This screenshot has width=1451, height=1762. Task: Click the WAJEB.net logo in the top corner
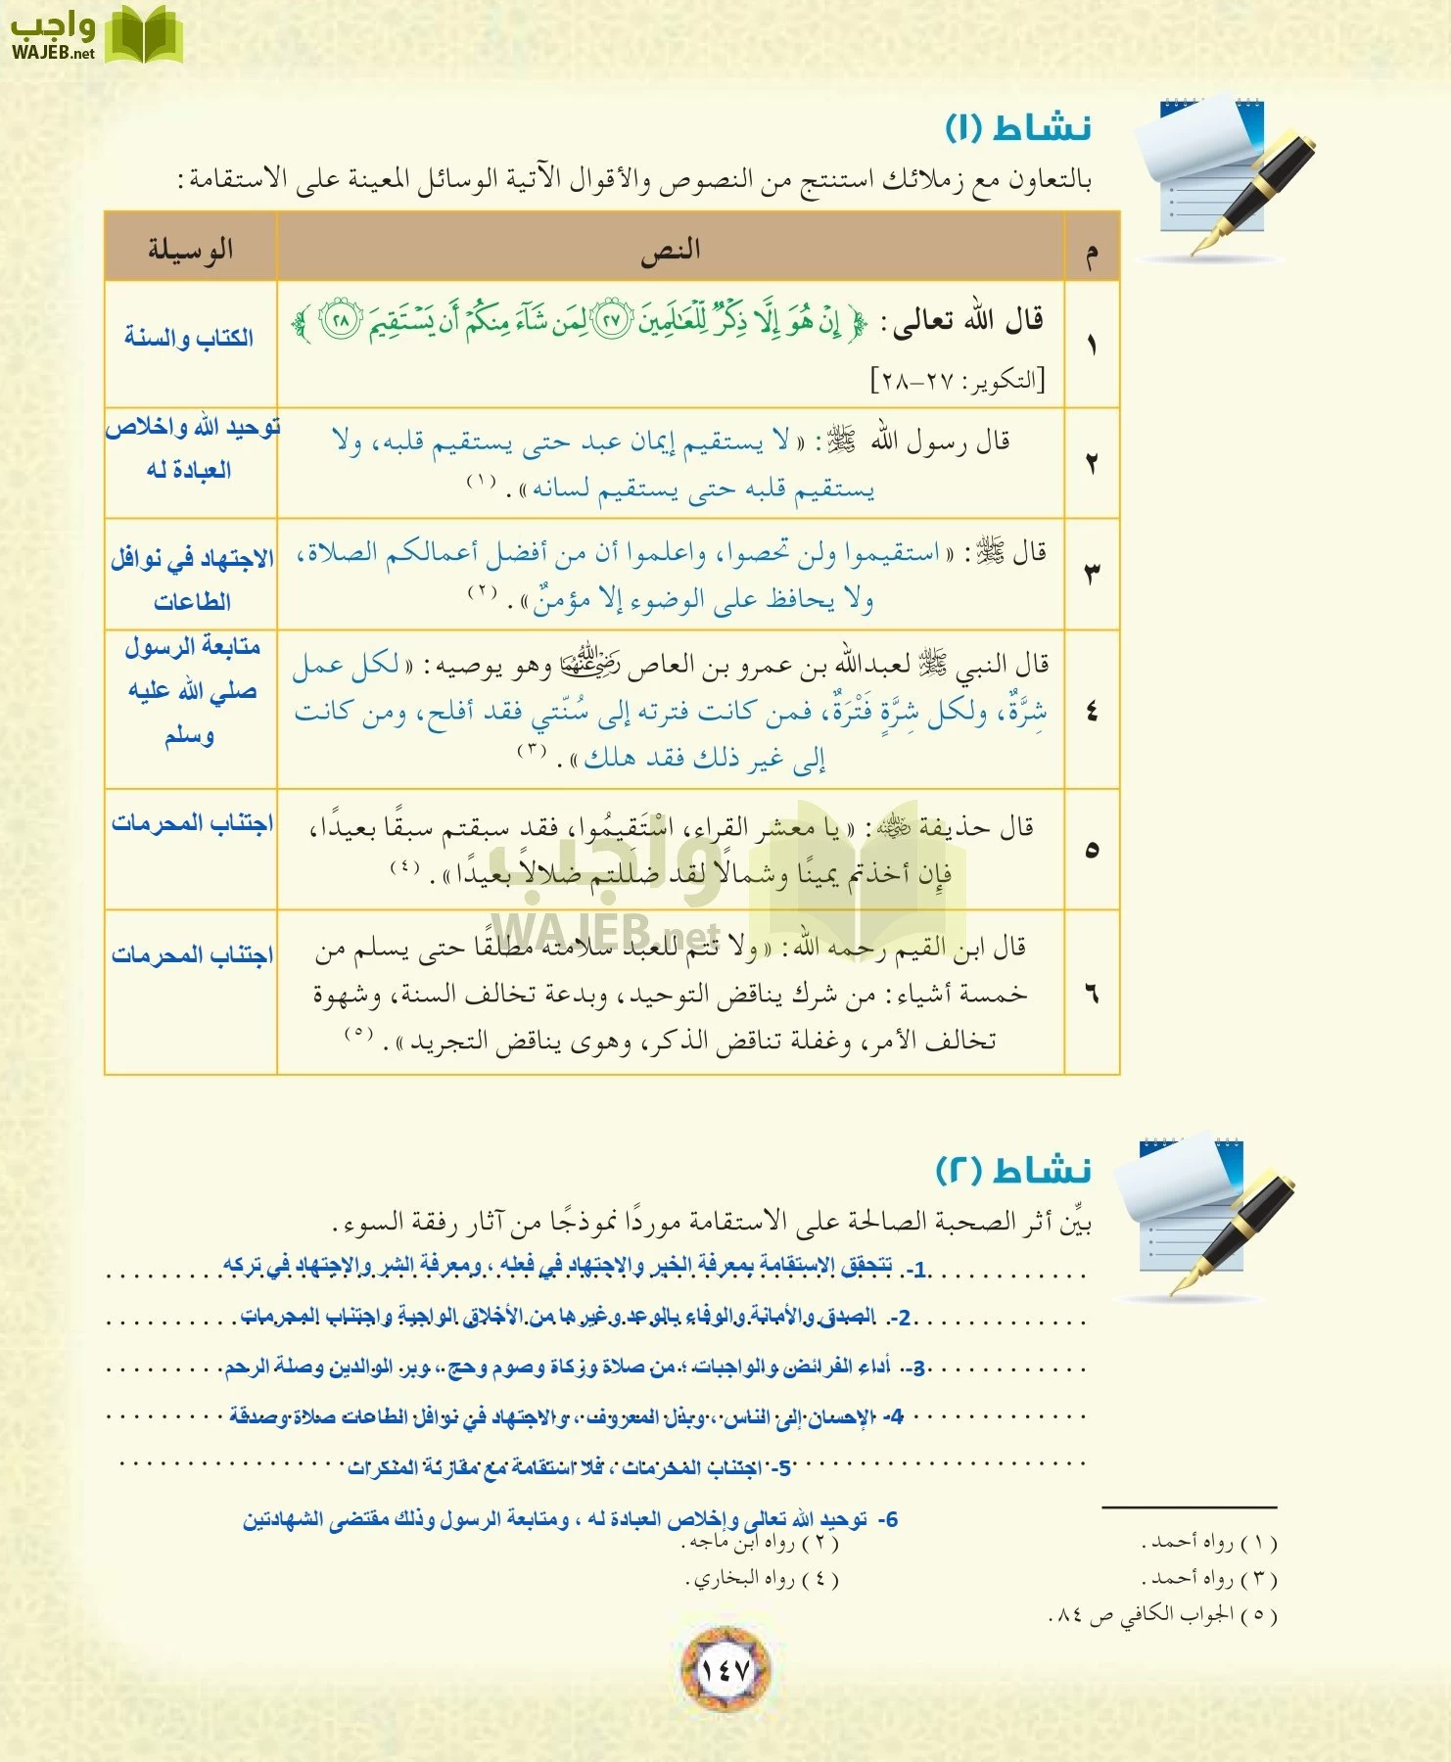pos(96,35)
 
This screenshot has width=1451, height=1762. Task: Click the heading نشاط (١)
pos(1017,128)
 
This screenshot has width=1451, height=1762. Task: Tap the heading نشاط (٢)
pos(1013,1170)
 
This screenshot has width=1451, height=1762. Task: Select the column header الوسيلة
pos(191,249)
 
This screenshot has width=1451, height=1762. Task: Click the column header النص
pos(671,250)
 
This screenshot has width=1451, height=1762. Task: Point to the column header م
pos(1091,252)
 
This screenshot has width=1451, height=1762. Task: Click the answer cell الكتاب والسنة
pos(189,339)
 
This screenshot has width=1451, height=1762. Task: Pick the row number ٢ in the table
pos(1091,463)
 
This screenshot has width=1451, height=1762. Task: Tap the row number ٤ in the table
pos(1091,711)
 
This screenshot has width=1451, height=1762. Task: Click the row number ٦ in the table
pos(1091,994)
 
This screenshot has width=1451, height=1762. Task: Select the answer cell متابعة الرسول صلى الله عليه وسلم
pos(191,690)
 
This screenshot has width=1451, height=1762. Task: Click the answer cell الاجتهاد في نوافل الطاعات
pos(192,580)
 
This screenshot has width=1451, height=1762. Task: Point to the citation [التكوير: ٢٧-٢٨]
pos(959,380)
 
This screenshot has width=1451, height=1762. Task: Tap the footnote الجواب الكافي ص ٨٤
pos(1163,1614)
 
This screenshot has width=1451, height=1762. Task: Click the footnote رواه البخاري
pos(762,1578)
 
